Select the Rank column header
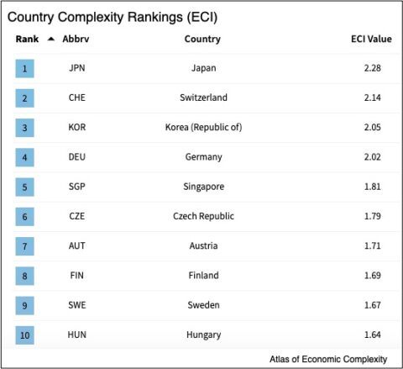(27, 39)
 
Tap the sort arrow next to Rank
(50, 39)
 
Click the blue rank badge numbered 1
(24, 68)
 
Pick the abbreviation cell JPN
(76, 68)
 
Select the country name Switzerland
(203, 98)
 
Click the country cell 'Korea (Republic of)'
(203, 127)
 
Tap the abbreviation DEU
(76, 157)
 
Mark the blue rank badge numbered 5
(24, 187)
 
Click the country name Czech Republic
(203, 216)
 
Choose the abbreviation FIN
(76, 275)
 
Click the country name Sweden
(203, 305)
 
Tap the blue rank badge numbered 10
(24, 335)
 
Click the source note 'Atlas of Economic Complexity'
(328, 358)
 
